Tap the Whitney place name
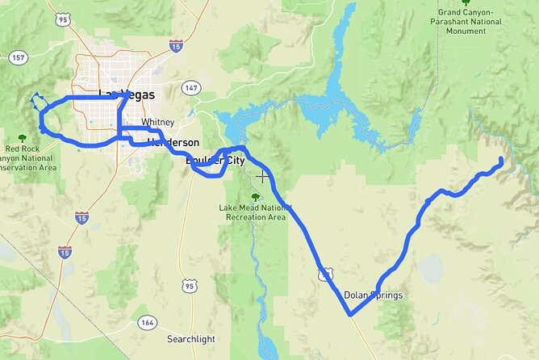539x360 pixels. click(x=158, y=122)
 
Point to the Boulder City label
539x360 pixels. click(x=215, y=161)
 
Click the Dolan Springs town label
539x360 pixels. click(x=373, y=295)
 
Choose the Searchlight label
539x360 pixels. click(x=191, y=339)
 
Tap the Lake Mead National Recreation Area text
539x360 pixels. click(x=253, y=212)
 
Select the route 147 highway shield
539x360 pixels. click(x=190, y=86)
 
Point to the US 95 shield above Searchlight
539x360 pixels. click(x=189, y=286)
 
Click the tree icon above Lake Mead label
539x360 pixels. click(x=256, y=196)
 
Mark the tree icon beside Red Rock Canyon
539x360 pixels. click(x=21, y=138)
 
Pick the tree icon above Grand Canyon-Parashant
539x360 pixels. click(x=466, y=2)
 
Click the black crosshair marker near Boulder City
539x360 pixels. click(x=262, y=175)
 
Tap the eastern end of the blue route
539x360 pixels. click(x=501, y=160)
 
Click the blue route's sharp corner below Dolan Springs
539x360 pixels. click(x=351, y=315)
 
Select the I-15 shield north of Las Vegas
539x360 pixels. click(x=176, y=45)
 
